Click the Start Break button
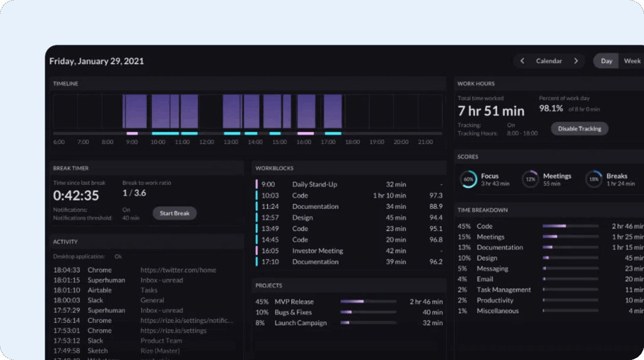tap(174, 213)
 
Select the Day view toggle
tap(606, 61)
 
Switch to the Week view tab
tap(631, 61)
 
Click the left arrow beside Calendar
tap(522, 61)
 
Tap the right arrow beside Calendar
tap(575, 61)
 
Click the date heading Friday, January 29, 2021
tap(97, 61)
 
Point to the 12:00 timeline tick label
tap(207, 142)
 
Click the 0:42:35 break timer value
tap(76, 195)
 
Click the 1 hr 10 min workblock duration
tap(388, 196)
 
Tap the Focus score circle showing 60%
tap(468, 179)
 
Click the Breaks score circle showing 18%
tap(594, 179)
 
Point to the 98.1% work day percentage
tap(551, 109)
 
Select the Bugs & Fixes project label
tap(293, 312)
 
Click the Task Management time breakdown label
tap(504, 290)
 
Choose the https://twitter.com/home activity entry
tap(178, 270)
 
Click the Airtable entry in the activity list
tap(99, 290)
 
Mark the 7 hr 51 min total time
tap(491, 111)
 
